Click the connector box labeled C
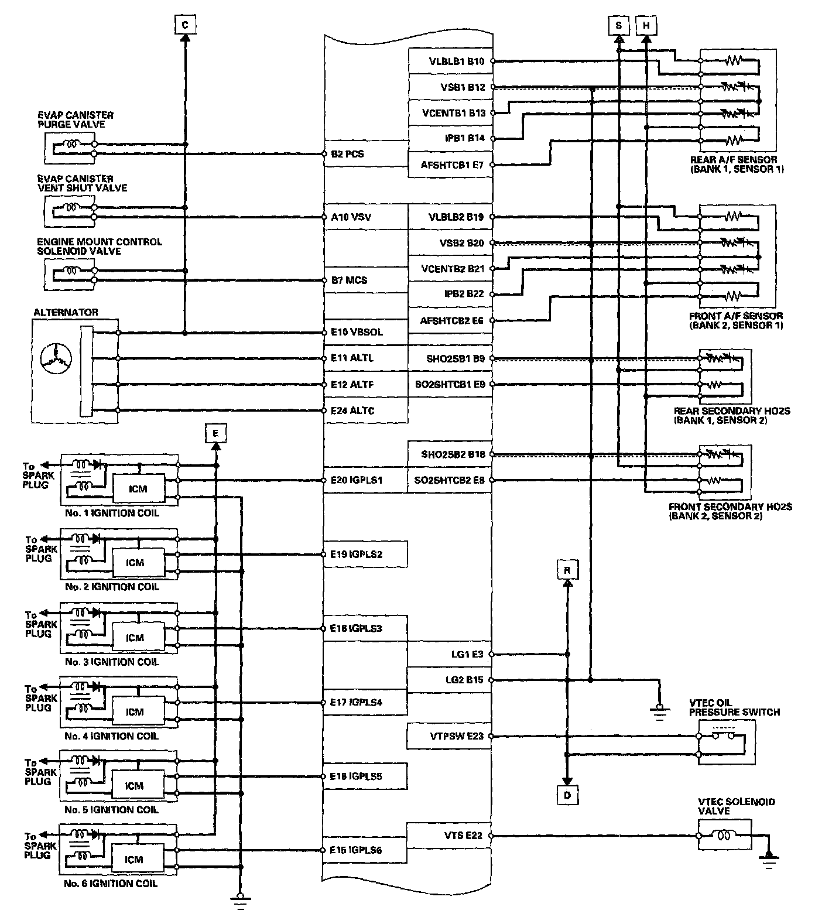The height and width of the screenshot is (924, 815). click(185, 25)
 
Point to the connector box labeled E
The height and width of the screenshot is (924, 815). click(215, 433)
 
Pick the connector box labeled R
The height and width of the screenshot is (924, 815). click(567, 570)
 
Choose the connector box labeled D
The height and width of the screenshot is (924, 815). click(567, 795)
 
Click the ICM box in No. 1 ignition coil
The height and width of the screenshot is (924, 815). click(138, 488)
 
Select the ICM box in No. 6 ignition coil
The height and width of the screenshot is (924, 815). click(135, 859)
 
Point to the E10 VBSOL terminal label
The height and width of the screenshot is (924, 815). click(357, 332)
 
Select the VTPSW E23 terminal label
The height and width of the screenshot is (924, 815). click(454, 735)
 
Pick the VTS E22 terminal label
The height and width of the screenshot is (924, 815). click(463, 836)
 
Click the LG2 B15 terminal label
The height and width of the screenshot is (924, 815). click(464, 680)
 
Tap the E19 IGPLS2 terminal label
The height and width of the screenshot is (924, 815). click(356, 554)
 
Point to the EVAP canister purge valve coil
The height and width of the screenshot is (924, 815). click(73, 144)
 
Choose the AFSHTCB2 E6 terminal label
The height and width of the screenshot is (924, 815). click(452, 320)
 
